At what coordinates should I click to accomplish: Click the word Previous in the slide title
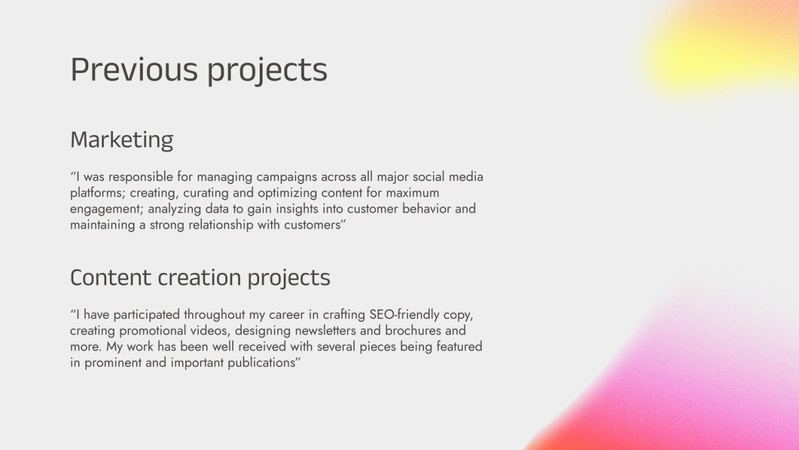click(134, 70)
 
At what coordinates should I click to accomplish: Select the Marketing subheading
click(122, 140)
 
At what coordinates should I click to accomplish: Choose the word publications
click(260, 363)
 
